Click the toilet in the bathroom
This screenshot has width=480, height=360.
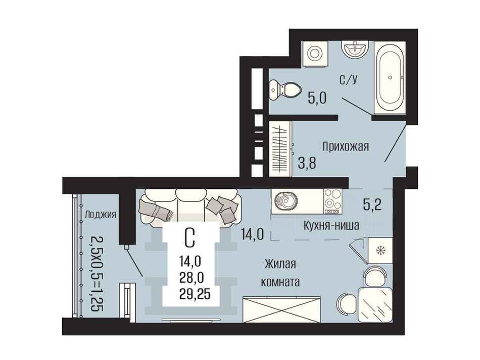pos(284,90)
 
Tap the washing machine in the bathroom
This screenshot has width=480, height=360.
pos(315,54)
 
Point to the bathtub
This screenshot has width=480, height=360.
pos(390,77)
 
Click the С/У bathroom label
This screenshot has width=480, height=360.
pos(348,80)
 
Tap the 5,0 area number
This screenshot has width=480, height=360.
pos(317,98)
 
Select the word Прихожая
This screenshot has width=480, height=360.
pos(346,147)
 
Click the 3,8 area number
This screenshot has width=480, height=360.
pos(307,163)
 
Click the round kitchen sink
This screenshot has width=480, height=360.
pos(286,201)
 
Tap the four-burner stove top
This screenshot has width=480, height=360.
pos(332,201)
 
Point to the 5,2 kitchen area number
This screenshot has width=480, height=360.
pos(372,204)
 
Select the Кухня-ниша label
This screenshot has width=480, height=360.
pos(331,226)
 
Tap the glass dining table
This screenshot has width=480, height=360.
pos(375,304)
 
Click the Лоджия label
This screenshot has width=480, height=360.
pos(100,215)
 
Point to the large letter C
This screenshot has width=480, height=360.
pos(190,239)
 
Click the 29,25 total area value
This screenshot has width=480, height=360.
pos(195,294)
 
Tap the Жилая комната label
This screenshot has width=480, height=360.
pos(280,273)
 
